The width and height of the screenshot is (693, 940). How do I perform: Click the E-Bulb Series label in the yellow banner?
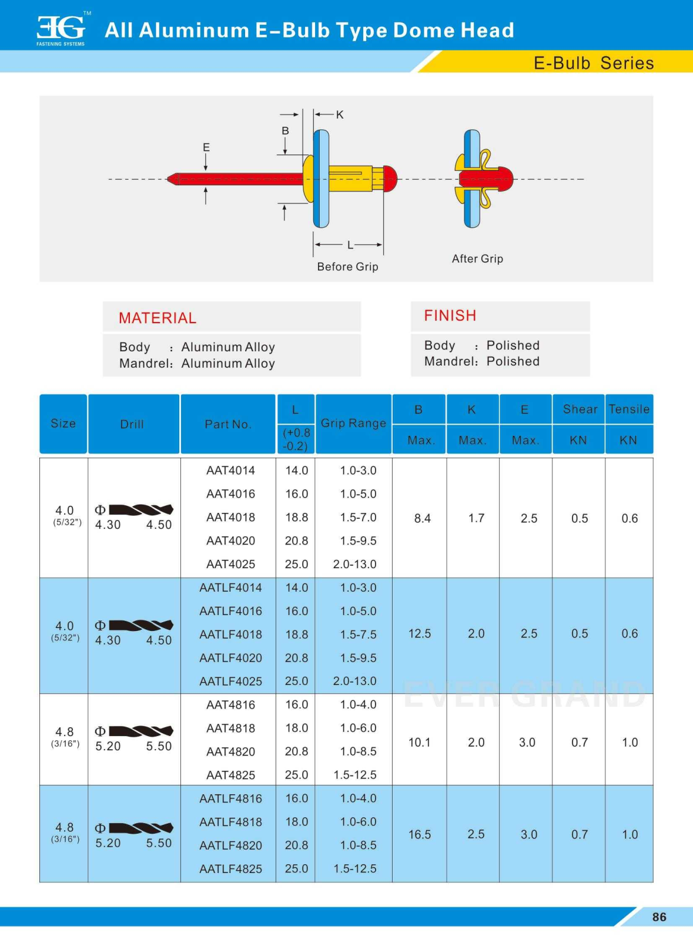point(593,63)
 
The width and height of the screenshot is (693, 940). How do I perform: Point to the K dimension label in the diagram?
point(340,115)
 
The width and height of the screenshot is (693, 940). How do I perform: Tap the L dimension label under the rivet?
point(350,245)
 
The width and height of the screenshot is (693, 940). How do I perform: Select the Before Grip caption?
point(347,267)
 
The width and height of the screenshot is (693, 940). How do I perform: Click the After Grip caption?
point(477,258)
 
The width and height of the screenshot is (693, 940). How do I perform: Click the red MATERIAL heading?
point(158,318)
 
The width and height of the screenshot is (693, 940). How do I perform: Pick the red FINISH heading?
point(450,315)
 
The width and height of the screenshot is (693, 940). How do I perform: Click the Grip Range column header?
point(353,423)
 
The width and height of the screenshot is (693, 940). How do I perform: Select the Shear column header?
point(580,409)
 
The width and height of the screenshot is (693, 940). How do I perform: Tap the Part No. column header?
point(228,424)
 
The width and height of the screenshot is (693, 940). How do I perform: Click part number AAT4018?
point(230,518)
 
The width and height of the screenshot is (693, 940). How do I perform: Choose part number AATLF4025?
point(230,681)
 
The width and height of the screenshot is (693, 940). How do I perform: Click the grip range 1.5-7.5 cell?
point(358,634)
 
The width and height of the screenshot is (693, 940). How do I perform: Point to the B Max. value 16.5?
point(420,834)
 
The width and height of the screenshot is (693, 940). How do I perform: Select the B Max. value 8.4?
point(422,518)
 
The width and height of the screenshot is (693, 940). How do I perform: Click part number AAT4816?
point(230,705)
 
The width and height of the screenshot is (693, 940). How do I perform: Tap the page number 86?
point(659,917)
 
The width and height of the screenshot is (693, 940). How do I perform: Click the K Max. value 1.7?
point(476,518)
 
